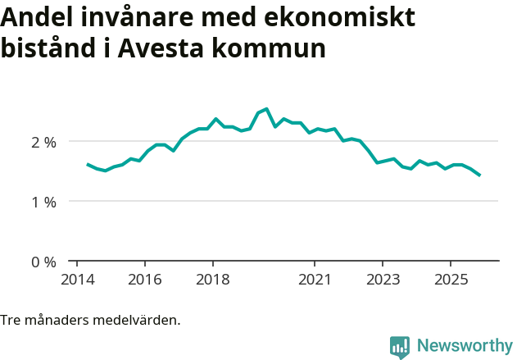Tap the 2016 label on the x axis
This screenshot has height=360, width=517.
(144, 280)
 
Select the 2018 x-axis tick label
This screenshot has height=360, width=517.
(213, 280)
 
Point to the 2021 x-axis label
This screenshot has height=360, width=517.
(315, 280)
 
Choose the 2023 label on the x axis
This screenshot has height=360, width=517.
(383, 280)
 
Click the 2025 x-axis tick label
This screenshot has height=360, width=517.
(451, 280)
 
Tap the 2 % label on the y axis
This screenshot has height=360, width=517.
(43, 142)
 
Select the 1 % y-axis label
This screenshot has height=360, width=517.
(43, 202)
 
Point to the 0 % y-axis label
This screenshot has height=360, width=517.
(43, 262)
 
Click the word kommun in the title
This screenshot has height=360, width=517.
(278, 48)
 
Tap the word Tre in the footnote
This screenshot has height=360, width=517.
(11, 320)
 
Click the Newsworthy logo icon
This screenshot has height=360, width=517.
(400, 347)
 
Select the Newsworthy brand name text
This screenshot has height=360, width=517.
(465, 346)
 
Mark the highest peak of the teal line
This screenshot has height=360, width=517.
(266, 108)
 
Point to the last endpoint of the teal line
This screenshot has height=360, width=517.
(479, 175)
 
